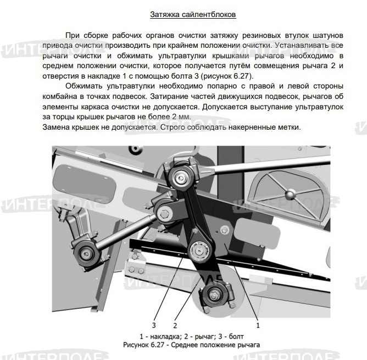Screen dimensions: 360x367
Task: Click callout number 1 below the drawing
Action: tap(257, 325)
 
